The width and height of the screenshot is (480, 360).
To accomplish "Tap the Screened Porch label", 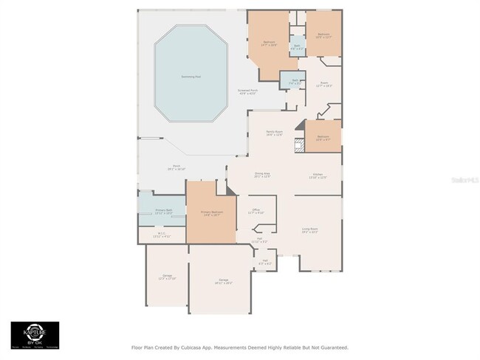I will coord(247,92).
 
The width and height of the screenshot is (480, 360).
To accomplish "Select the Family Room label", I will coord(275,133).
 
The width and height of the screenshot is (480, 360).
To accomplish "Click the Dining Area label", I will coord(262,175).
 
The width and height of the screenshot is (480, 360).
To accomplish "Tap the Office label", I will coord(256,212).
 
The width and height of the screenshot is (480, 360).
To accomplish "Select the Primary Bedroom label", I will coord(212,214).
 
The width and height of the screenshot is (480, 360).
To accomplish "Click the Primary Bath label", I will coord(163,212).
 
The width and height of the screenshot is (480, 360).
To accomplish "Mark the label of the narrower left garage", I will coord(166,277).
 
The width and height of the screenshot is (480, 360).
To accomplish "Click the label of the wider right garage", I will coord(223,281).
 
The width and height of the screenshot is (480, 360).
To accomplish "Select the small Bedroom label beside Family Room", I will coord(323,138).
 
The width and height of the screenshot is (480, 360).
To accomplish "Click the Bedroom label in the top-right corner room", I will coord(323,35).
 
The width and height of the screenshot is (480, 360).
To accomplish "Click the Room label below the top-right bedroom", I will coord(323,84).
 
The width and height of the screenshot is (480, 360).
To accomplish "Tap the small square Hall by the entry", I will coord(265,262).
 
